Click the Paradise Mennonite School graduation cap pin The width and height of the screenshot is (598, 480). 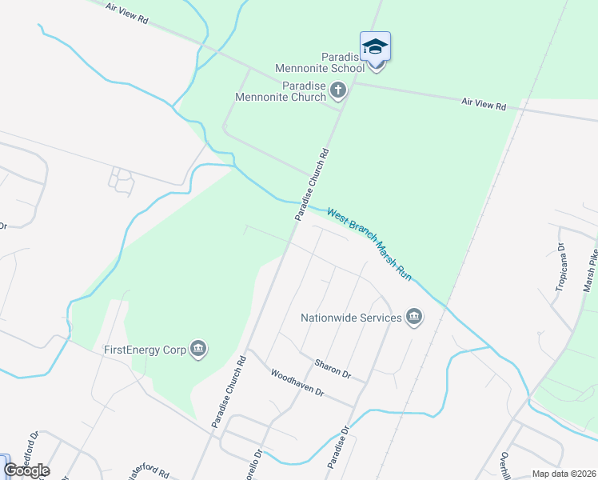click(375, 47)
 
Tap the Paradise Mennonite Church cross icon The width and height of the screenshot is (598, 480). click(338, 90)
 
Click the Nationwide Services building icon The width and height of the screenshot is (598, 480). click(413, 318)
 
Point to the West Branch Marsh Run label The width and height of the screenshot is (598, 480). click(369, 244)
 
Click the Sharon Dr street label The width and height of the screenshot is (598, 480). click(333, 368)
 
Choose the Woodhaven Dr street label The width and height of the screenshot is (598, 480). click(297, 383)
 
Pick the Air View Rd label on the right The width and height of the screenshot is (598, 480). click(484, 105)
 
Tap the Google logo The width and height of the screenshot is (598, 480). click(26, 470)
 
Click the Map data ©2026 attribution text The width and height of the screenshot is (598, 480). click(564, 474)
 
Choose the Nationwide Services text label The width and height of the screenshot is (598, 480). click(351, 318)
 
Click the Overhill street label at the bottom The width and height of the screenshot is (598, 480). click(505, 464)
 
